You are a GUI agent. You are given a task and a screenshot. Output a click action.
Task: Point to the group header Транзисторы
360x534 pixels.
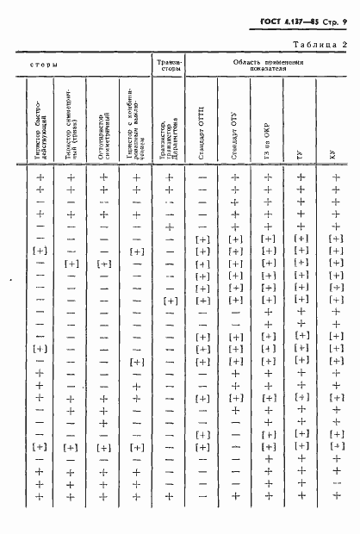tap(169, 66)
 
